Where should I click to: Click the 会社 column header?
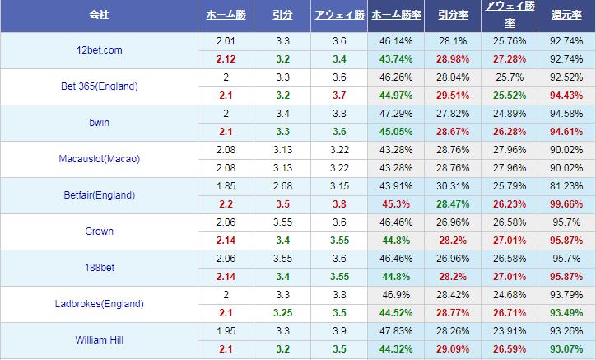(x=100, y=15)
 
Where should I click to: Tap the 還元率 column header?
(x=566, y=15)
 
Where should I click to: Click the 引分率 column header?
(x=452, y=15)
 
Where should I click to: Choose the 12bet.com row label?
(x=100, y=50)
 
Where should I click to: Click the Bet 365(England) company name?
(x=100, y=86)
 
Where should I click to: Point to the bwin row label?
(x=100, y=123)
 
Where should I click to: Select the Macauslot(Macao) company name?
(x=100, y=159)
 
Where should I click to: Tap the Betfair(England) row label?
(x=100, y=195)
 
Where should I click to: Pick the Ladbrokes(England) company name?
(x=100, y=304)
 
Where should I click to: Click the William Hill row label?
(x=100, y=340)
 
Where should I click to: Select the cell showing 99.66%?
(x=566, y=204)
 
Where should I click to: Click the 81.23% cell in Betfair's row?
(x=566, y=186)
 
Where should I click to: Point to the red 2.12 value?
(x=226, y=59)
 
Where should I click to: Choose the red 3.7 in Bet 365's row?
(x=339, y=96)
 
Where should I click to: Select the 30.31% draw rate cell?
(x=452, y=186)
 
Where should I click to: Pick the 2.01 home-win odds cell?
(x=226, y=41)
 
